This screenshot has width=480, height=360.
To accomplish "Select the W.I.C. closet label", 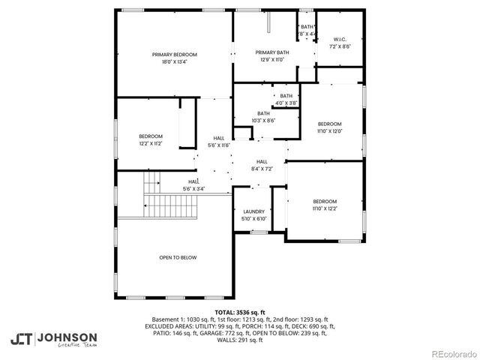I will coord(340,43).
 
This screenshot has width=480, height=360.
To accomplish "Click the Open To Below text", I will coord(178,257).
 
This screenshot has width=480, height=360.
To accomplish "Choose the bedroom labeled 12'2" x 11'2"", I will coord(151,140).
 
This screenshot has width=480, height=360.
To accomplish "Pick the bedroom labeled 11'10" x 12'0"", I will coord(329,127).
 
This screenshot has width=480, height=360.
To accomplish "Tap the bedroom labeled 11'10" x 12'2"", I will coord(325,205).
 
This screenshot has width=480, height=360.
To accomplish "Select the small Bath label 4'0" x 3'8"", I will coord(286,99).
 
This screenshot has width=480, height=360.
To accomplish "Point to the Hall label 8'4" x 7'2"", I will coord(262,165).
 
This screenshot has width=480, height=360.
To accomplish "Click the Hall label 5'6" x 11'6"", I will coord(218,142).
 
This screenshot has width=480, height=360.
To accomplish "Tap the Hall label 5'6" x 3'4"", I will coord(193,185).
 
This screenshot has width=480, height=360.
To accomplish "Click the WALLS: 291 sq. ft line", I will coord(239,340).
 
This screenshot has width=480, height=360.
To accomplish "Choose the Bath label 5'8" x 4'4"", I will coord(307,31).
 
